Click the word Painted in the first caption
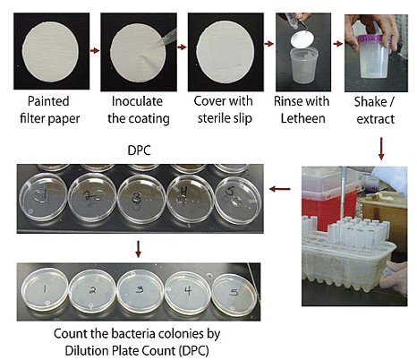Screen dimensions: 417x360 [48, 101]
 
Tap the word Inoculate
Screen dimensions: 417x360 [137, 101]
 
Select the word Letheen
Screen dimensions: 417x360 [302, 118]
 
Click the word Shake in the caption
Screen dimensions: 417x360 [370, 102]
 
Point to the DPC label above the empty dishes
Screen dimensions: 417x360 [139, 150]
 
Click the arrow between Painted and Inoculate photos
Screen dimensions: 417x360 [95, 50]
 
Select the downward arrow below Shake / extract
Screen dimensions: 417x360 [381, 149]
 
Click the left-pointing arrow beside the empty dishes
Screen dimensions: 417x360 [280, 189]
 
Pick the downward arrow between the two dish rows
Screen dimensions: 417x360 [138, 249]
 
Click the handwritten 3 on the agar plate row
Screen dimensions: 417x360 [140, 289]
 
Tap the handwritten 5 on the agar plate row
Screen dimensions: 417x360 [234, 292]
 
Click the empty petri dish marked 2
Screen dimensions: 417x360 [92, 197]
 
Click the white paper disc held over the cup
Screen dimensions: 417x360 [303, 39]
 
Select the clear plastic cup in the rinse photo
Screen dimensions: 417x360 [303, 65]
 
